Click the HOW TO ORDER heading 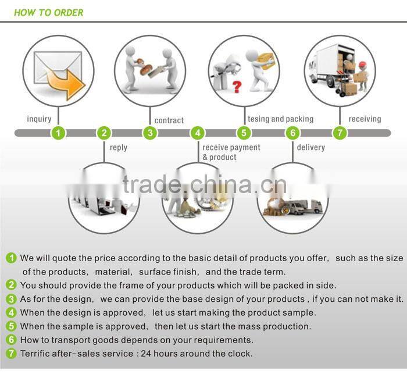[x=48, y=12]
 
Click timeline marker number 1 [x=58, y=133]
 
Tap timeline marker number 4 [x=198, y=133]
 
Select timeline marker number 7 [x=340, y=133]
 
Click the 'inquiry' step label [x=39, y=119]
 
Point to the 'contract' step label [x=169, y=120]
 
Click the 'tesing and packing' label [x=280, y=119]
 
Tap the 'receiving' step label [x=365, y=119]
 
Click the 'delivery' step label [x=310, y=148]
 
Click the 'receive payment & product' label [x=231, y=152]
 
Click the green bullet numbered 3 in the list [x=12, y=299]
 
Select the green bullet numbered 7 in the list [x=12, y=354]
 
